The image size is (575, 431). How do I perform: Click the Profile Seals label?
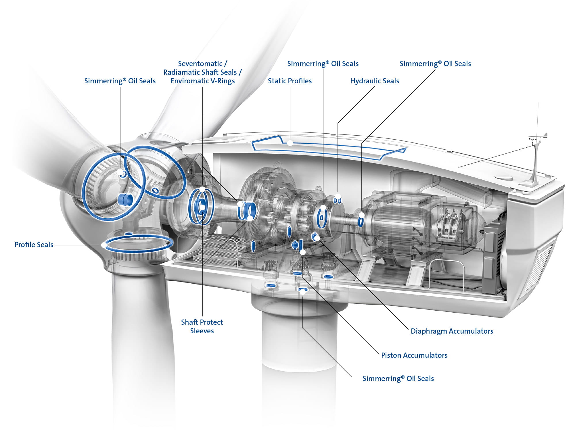click(x=34, y=245)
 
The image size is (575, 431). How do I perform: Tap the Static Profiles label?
click(x=290, y=81)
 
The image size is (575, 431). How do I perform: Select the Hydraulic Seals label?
click(x=374, y=81)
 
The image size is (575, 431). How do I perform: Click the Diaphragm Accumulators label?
click(x=452, y=331)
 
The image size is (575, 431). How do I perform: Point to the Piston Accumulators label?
click(x=414, y=355)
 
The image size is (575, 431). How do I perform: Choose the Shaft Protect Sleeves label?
click(x=202, y=326)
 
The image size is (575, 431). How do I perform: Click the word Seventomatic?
click(x=200, y=64)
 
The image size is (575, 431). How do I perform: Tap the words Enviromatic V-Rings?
click(x=202, y=81)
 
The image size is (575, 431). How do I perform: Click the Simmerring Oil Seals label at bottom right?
click(x=398, y=379)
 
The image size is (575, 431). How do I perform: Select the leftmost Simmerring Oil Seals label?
click(x=120, y=81)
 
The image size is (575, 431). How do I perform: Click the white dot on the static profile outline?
click(x=290, y=143)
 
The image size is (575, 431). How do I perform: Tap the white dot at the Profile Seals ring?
click(x=103, y=245)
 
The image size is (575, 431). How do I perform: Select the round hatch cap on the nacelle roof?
click(x=504, y=178)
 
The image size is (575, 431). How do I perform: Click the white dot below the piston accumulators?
click(x=302, y=252)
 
